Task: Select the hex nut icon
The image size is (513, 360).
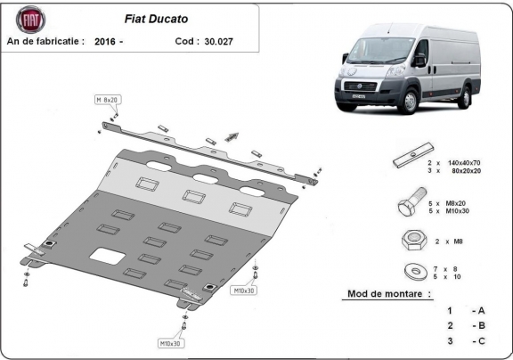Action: click(411, 240)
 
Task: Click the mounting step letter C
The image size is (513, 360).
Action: click(482, 341)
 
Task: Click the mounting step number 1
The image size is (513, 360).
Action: click(451, 310)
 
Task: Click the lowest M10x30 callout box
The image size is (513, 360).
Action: click(171, 343)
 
